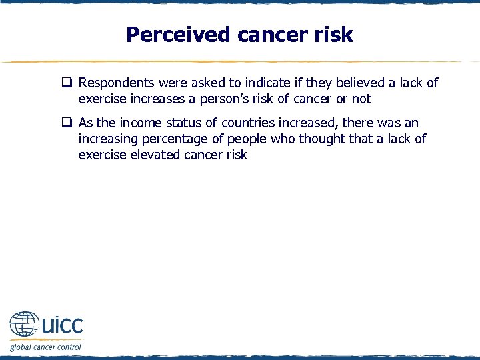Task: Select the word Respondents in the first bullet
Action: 116,83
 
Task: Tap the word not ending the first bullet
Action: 361,99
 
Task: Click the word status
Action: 186,123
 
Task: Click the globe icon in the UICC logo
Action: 24,325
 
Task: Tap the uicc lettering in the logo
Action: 61,326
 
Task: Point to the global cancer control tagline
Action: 45,347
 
